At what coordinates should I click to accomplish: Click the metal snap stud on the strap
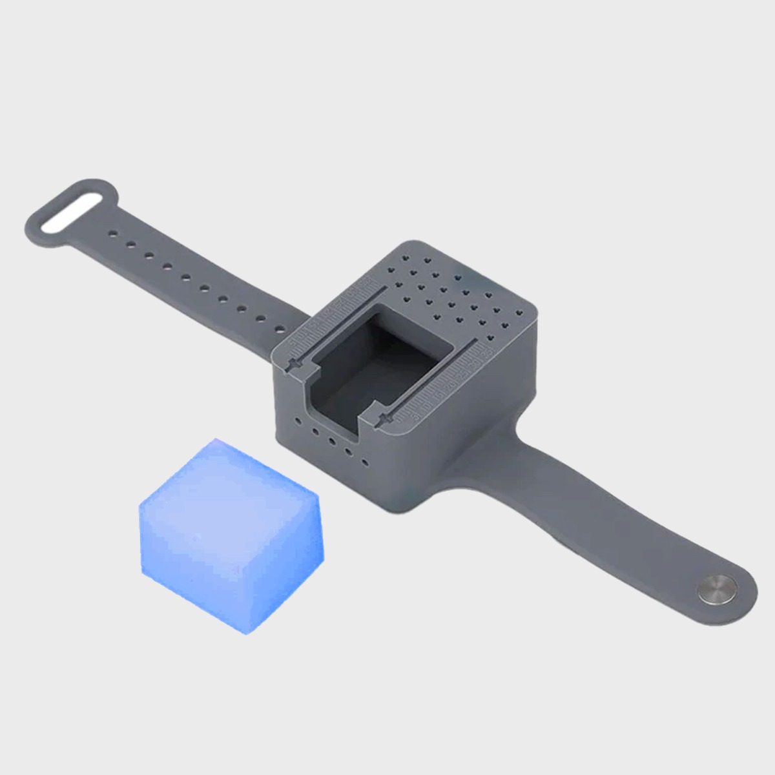tap(718, 589)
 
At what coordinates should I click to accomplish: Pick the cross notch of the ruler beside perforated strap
tap(294, 365)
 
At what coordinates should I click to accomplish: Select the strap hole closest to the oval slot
tap(112, 232)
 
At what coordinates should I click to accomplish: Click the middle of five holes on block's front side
tap(331, 442)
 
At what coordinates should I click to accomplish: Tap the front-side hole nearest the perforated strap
tap(297, 421)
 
